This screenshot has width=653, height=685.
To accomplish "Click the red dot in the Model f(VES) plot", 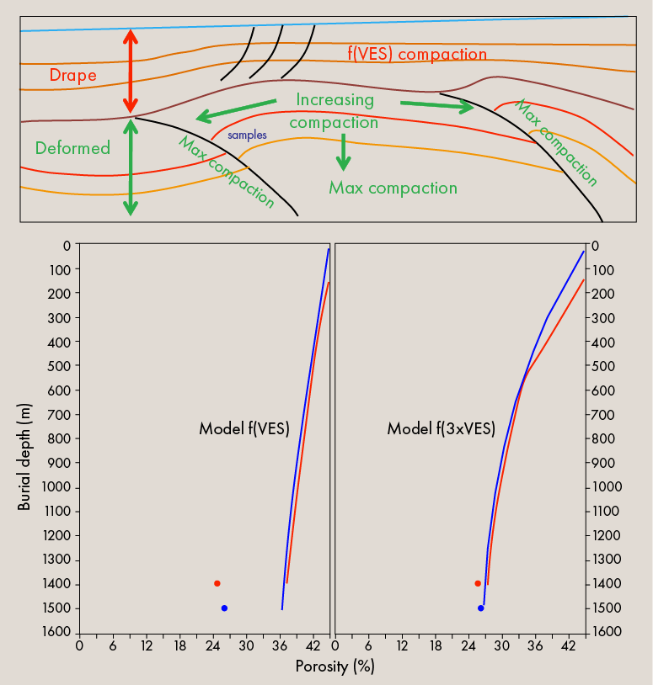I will coord(217,583).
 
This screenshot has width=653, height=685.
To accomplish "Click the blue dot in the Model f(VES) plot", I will coord(224,608).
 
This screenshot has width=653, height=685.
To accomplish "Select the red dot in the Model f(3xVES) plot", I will coord(478,583).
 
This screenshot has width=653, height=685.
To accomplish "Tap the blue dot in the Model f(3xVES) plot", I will coord(481,608).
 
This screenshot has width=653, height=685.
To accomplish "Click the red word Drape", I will coord(72,75).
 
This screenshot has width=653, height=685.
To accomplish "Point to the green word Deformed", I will coord(72,148).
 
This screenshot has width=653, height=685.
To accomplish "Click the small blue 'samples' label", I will coord(247,135).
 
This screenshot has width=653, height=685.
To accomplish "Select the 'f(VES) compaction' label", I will coord(417,55).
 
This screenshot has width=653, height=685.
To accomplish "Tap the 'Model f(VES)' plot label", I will coord(244,428).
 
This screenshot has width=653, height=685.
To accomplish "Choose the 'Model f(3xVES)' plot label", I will coord(441,428).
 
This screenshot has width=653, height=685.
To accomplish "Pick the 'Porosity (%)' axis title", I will coord(335,666).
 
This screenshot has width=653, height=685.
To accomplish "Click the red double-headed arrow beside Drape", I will coord(130,72).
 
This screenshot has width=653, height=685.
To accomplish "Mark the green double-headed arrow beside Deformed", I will coord(130,167).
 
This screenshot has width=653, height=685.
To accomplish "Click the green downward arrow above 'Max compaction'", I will coord(343,152).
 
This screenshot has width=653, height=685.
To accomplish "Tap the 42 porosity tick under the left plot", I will coord(313,646).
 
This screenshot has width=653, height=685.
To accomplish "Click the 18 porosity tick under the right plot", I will coord(436,646).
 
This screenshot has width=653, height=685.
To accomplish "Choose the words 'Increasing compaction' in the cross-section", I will coord(335,111).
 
